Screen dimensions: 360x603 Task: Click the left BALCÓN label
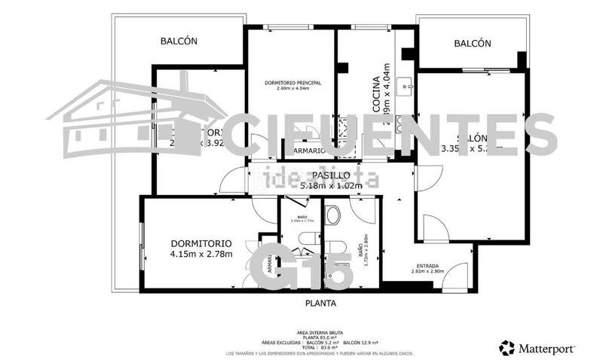[x=179, y=41]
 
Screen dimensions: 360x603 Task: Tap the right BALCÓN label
[x=473, y=44]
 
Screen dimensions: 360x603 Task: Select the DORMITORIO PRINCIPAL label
[x=293, y=82]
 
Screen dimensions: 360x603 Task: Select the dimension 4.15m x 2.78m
[x=201, y=254]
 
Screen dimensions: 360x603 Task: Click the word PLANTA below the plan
[x=320, y=304]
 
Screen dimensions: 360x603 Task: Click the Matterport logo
[x=537, y=348]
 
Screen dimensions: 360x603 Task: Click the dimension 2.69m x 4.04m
[x=293, y=89]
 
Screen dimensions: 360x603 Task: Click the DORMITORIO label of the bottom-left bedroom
[x=201, y=243]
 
